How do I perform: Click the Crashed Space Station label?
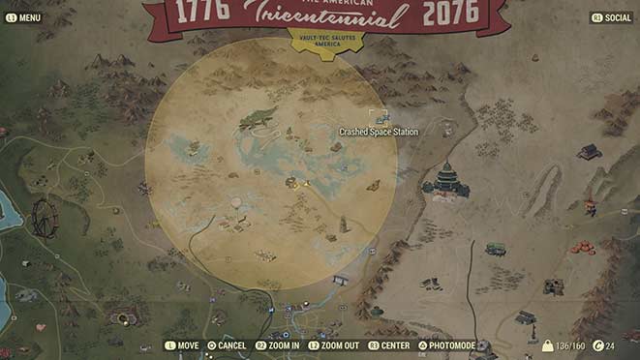[379, 132]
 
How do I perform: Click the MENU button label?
[24, 17]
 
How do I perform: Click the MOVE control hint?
[182, 345]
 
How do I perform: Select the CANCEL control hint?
[227, 345]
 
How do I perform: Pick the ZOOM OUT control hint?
[334, 345]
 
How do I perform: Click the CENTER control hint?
[389, 345]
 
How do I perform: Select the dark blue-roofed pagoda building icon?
[447, 180]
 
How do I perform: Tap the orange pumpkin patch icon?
[583, 247]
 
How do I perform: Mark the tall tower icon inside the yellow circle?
[343, 225]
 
